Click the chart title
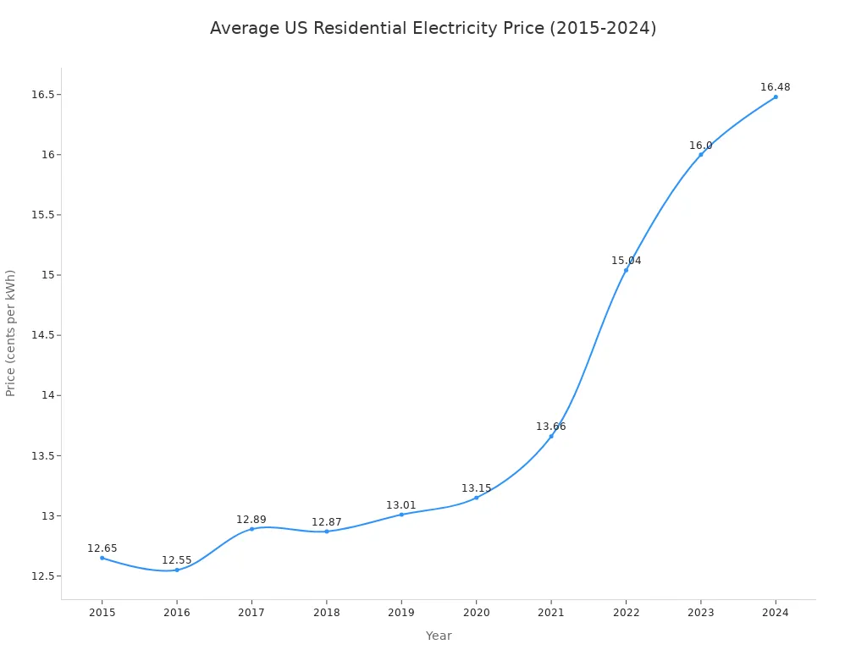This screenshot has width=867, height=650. pyautogui.click(x=433, y=29)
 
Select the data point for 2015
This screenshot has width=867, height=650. pyautogui.click(x=102, y=558)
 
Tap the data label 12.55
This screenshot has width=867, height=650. pyautogui.click(x=177, y=560)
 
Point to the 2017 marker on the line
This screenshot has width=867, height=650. pyautogui.click(x=251, y=529)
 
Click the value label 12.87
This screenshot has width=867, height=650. pyautogui.click(x=327, y=522)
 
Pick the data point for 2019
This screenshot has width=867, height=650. pyautogui.click(x=401, y=515)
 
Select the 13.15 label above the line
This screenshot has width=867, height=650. pyautogui.click(x=476, y=488)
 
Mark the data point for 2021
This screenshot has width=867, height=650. pyautogui.click(x=551, y=436)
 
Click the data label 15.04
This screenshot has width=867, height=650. pyautogui.click(x=627, y=261)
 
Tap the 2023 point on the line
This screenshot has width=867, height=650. pyautogui.click(x=701, y=154)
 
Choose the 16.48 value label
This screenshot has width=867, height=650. pyautogui.click(x=775, y=87)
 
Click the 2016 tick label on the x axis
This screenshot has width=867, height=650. pyautogui.click(x=177, y=612)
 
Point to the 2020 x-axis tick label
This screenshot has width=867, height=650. pyautogui.click(x=476, y=612)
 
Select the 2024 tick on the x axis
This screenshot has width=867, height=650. pyautogui.click(x=776, y=612)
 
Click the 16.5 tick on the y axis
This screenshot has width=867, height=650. pyautogui.click(x=41, y=94)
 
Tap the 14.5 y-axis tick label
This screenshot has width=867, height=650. pyautogui.click(x=41, y=335)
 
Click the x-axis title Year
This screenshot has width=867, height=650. pyautogui.click(x=439, y=636)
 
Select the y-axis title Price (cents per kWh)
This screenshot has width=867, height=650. pyautogui.click(x=11, y=333)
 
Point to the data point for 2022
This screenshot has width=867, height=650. pyautogui.click(x=627, y=270)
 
